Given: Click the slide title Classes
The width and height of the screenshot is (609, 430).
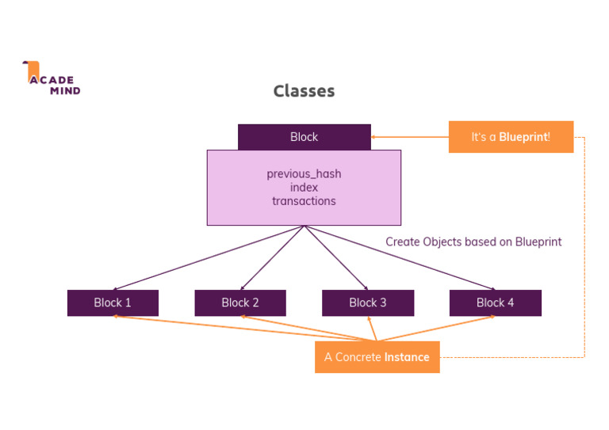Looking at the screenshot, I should click(304, 91).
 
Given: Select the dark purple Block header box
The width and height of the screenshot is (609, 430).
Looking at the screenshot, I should click(304, 137).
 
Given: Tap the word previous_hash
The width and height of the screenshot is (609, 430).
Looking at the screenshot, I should click(304, 173).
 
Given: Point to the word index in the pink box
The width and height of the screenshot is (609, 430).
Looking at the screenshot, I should click(304, 188).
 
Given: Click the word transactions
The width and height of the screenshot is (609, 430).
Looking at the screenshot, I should click(304, 201).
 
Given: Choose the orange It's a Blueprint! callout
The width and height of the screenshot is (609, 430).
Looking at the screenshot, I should click(511, 137).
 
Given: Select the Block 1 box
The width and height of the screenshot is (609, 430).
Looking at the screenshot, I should click(113, 303).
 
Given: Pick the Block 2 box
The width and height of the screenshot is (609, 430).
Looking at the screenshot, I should click(240, 303).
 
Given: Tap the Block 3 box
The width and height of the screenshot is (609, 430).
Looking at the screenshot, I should click(368, 303).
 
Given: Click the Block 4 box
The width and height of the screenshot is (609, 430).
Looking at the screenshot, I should click(495, 303).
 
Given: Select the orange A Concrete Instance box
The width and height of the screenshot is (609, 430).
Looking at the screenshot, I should click(377, 357).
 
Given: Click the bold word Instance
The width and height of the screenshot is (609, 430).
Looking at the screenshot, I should click(407, 357).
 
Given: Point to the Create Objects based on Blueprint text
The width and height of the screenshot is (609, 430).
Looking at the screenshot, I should click(473, 242).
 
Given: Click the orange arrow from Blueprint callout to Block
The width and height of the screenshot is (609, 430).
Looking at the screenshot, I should click(410, 137).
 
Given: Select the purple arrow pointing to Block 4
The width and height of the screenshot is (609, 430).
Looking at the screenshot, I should click(400, 257).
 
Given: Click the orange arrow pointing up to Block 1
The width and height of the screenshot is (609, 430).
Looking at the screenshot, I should click(214, 327).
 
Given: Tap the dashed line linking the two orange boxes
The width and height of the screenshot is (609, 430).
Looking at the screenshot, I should click(584, 245).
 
